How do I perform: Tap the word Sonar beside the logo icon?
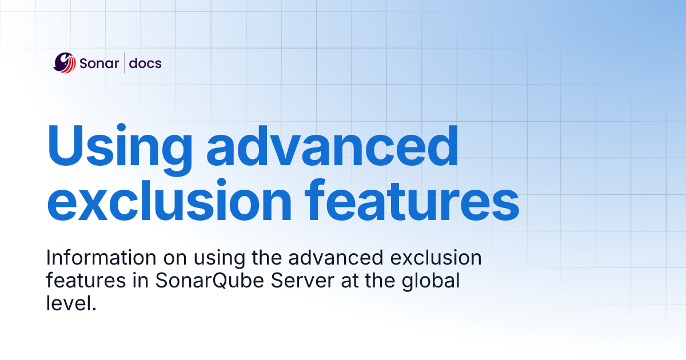(98, 63)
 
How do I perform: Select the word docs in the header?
(145, 63)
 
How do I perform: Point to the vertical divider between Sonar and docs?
(125, 63)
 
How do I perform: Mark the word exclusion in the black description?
(440, 258)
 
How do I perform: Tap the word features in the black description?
(77, 281)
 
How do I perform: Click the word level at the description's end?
(66, 303)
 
